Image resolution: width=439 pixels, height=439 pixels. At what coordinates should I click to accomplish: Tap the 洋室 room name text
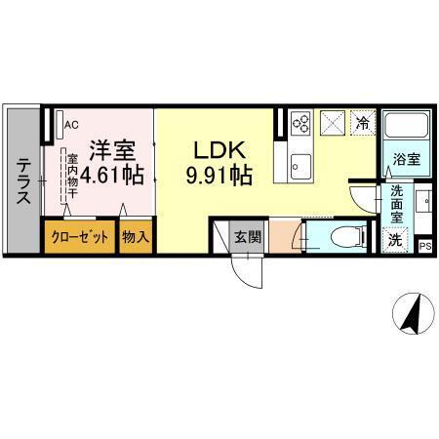pyautogui.click(x=113, y=151)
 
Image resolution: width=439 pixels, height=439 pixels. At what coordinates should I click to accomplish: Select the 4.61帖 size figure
pyautogui.click(x=112, y=177)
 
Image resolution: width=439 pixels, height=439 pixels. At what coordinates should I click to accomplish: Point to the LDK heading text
pyautogui.click(x=220, y=151)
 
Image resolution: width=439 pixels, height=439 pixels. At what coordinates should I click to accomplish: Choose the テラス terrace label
pyautogui.click(x=22, y=182)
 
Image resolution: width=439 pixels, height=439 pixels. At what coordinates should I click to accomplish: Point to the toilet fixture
pyautogui.click(x=338, y=236)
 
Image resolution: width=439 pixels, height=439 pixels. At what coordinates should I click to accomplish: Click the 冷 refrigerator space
pyautogui.click(x=362, y=124)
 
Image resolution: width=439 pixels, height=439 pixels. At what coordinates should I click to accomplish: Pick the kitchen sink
pyautogui.click(x=299, y=162)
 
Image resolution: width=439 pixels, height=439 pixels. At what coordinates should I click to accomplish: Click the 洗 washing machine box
pyautogui.click(x=395, y=238)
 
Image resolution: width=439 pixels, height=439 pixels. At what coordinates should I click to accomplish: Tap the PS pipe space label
pyautogui.click(x=424, y=246)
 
